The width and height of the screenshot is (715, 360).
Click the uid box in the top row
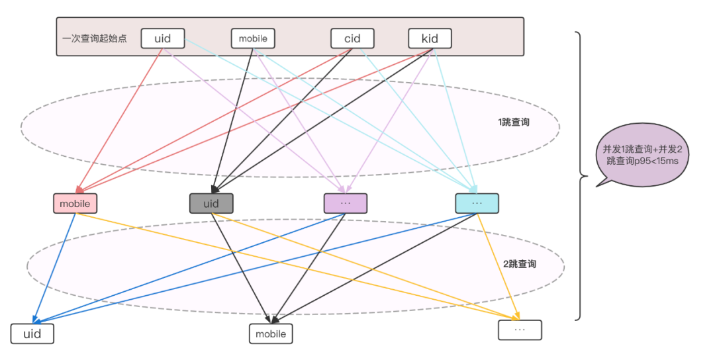pos(163,38)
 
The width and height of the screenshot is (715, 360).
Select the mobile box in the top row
pos(253,38)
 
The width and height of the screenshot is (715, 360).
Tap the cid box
pos(352,38)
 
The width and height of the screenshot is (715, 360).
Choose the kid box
pos(430,38)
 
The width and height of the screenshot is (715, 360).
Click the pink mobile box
pos(75,203)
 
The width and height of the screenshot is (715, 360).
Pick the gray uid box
pos(211,203)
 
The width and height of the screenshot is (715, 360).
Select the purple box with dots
pos(346,203)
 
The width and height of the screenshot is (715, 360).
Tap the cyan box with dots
pos(477,203)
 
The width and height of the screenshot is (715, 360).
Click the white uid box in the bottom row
pos(32,334)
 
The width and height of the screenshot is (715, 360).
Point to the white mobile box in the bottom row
pos(271,334)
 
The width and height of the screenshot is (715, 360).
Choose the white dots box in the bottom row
pos(520,330)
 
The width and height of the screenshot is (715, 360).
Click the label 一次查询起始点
pos(95,38)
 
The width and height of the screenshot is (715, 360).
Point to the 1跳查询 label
pos(514,122)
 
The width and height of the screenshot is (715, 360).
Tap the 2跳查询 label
pos(520,264)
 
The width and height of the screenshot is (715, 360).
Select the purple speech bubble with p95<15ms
pos(642,155)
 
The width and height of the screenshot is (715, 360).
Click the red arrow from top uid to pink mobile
pos(120,120)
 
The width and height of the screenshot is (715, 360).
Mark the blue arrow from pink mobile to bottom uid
pos(54,269)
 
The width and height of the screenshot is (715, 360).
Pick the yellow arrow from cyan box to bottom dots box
pos(498,267)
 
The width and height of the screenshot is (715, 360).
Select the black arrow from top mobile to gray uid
pos(232,120)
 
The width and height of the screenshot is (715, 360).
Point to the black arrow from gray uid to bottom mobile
pos(242,269)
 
